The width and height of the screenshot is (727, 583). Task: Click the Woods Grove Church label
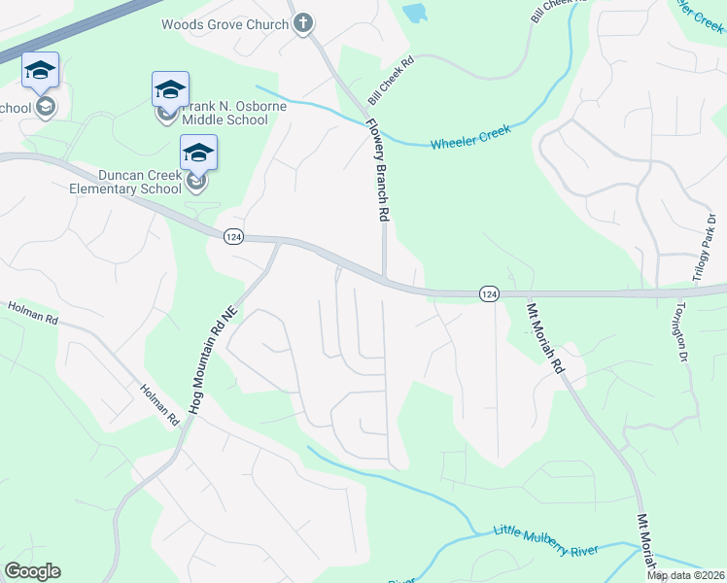tap(225, 24)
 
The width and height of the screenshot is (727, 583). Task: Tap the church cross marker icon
tap(303, 23)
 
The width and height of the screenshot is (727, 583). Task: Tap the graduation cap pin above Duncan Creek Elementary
tap(198, 154)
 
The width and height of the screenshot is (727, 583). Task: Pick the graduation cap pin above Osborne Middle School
tap(170, 90)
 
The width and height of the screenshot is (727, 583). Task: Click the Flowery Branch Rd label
tap(378, 171)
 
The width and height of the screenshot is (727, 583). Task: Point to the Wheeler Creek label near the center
tap(470, 136)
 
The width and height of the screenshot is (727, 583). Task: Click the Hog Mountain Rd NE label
tap(214, 361)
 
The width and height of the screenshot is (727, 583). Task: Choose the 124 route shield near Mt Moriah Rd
tap(489, 293)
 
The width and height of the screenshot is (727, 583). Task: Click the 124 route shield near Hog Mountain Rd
tap(232, 237)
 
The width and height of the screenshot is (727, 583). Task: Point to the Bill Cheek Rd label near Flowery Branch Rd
tap(391, 81)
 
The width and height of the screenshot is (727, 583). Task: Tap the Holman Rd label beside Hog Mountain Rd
tap(160, 404)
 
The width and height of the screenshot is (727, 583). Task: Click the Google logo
tap(32, 571)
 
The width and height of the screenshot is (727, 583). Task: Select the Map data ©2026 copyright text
tap(686, 575)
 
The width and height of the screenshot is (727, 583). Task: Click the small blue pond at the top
tap(415, 14)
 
